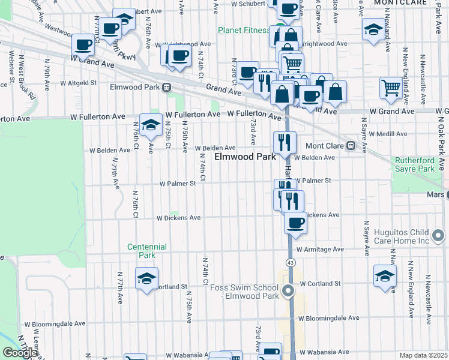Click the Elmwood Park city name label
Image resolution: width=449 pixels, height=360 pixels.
[x=245, y=157]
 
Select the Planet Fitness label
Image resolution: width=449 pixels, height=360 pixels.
[x=243, y=30]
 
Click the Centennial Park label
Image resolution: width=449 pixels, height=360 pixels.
[x=142, y=251]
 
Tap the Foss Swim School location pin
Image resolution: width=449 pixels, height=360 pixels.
[x=288, y=292]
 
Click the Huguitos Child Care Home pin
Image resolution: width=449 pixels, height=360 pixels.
[x=439, y=234]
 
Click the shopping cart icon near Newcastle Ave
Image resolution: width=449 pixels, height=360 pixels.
[x=391, y=88]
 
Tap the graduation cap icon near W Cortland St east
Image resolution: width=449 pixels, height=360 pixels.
[x=385, y=275]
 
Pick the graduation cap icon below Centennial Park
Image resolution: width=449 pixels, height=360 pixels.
[x=146, y=278]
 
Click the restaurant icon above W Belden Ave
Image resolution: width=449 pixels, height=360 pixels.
[x=284, y=142]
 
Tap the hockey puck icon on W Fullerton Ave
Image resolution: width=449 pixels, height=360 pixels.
[x=151, y=125]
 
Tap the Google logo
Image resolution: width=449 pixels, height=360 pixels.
[x=20, y=353]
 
